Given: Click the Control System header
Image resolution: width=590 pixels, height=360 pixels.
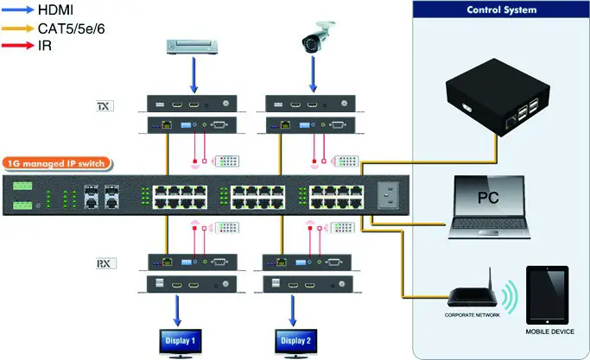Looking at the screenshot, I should [502, 10].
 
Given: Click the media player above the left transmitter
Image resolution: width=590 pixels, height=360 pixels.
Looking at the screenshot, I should [191, 45].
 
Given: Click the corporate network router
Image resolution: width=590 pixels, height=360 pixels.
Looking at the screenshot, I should [473, 296].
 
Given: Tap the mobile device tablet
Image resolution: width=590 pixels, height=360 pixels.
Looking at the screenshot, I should [547, 294].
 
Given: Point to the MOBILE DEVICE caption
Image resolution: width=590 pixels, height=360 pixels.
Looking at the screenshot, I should [548, 331].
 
